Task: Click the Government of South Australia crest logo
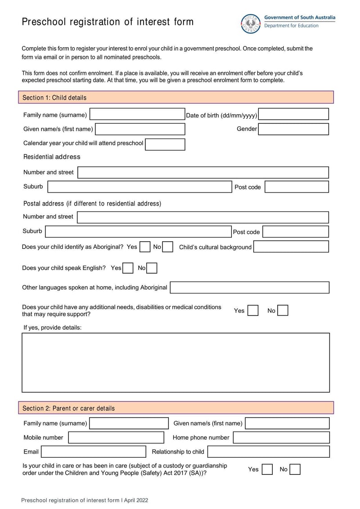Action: [251, 23]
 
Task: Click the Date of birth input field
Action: [293, 114]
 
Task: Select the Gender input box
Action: [293, 129]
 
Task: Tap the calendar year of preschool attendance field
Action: [165, 144]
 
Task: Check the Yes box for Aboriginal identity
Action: [145, 247]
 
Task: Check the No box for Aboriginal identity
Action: [168, 247]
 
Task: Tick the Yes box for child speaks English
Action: [128, 268]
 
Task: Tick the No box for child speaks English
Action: [152, 268]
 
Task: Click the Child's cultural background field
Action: [291, 247]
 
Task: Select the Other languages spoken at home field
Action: [249, 288]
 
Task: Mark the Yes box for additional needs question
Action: [253, 311]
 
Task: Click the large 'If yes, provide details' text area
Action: [175, 362]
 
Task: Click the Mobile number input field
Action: [116, 437]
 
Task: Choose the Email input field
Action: [93, 452]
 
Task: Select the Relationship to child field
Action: [268, 452]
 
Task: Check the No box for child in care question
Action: [295, 470]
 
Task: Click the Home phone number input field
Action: [281, 437]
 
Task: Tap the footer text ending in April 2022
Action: [85, 500]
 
